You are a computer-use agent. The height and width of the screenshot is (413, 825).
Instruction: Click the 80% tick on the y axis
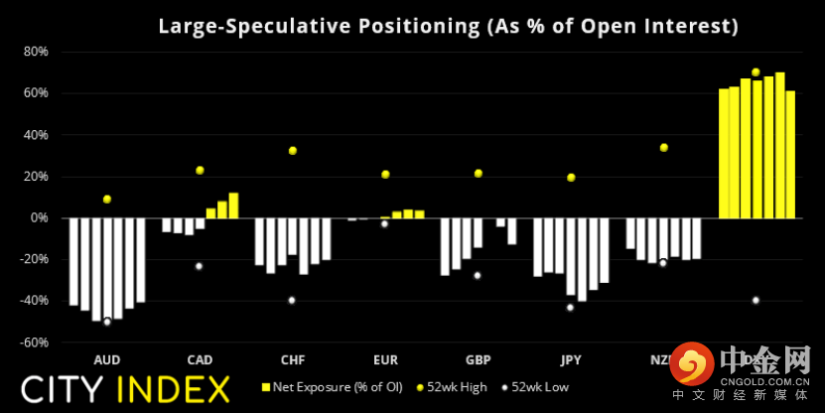(x=37, y=52)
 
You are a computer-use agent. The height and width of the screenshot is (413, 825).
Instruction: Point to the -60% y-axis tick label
(x=35, y=343)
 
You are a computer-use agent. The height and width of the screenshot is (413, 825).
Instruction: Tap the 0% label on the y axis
(x=40, y=217)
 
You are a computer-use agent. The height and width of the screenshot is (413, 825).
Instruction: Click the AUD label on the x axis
(x=106, y=358)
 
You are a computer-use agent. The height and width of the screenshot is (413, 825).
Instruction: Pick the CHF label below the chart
(x=292, y=358)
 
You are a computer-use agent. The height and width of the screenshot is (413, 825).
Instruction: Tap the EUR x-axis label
(x=385, y=358)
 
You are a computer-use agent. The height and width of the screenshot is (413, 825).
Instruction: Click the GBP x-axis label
(x=478, y=358)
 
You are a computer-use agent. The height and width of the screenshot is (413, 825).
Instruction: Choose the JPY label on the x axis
(x=570, y=358)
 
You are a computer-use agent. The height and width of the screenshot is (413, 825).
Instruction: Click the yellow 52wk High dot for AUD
(x=107, y=200)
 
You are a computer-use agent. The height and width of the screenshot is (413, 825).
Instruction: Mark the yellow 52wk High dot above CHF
(x=293, y=151)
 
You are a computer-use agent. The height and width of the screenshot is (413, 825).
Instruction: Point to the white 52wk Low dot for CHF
(x=292, y=301)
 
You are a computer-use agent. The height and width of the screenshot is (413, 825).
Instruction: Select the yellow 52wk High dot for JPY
(x=571, y=178)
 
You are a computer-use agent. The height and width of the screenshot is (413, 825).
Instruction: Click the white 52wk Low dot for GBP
(x=478, y=276)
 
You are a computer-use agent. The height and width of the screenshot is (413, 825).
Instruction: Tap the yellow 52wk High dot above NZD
(x=663, y=148)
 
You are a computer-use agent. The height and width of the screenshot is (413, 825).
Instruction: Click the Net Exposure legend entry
(x=334, y=387)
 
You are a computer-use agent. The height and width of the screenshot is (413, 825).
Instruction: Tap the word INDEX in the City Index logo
(x=174, y=388)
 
